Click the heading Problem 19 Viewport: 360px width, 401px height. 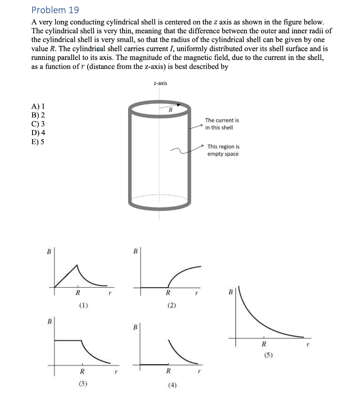point(55,10)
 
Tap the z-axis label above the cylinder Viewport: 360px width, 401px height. point(160,83)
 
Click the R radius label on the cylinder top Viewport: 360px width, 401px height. point(170,110)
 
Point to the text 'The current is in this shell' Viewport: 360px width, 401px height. point(222,124)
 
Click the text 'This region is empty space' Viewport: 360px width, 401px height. point(223,150)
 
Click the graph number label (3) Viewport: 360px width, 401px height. point(83,384)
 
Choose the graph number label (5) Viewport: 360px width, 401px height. point(268,356)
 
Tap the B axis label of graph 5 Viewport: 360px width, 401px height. point(230,292)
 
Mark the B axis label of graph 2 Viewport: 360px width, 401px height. point(135,251)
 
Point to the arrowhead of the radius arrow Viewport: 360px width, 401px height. point(179,105)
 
